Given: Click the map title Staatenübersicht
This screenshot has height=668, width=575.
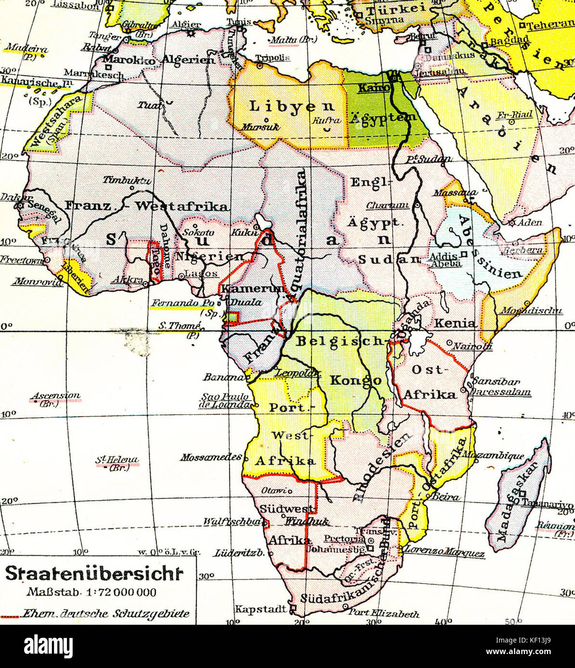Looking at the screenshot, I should tap(95, 574).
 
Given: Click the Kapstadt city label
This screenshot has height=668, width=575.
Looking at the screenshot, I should tap(260, 609).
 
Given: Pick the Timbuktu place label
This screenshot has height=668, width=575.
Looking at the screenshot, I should tap(127, 180).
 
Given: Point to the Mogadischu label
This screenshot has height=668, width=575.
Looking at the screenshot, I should tap(531, 311).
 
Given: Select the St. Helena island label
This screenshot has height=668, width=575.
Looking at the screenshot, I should tap(117, 460).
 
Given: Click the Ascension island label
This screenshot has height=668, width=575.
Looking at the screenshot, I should tap(56, 396).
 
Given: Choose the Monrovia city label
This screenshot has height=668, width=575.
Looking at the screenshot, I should tap(38, 282).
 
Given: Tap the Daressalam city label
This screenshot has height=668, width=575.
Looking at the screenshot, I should tap(501, 392).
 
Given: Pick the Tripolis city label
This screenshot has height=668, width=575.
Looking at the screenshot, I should tap(272, 58).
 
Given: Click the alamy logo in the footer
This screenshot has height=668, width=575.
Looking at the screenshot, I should tap(48, 645).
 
